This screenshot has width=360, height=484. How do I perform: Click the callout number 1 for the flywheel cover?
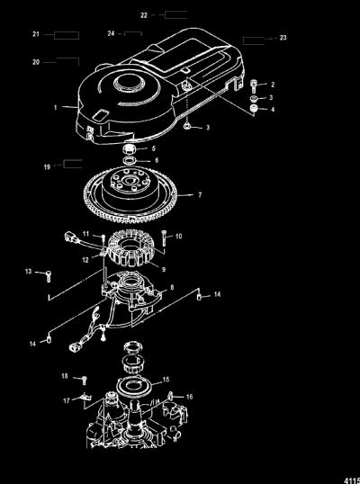click(56, 107)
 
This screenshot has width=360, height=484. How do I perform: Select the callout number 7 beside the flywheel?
click(200, 195)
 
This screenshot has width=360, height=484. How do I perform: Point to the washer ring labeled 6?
click(130, 161)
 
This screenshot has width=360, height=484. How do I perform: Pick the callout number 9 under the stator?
click(163, 270)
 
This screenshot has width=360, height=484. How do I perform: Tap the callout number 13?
click(29, 272)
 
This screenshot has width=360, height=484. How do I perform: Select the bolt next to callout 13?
click(49, 275)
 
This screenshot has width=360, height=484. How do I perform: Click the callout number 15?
click(166, 380)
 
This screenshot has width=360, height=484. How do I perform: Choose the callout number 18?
click(65, 376)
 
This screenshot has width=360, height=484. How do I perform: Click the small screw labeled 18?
click(84, 380)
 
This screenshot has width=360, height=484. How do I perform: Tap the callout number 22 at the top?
click(144, 15)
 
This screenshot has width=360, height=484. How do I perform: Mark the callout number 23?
click(283, 38)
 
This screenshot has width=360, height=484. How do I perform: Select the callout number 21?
click(36, 34)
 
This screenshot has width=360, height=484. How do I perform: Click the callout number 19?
click(47, 167)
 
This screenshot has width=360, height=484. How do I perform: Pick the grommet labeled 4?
click(254, 108)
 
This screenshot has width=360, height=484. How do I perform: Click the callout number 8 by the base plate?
click(172, 287)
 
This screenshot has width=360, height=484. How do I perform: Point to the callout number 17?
click(67, 401)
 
